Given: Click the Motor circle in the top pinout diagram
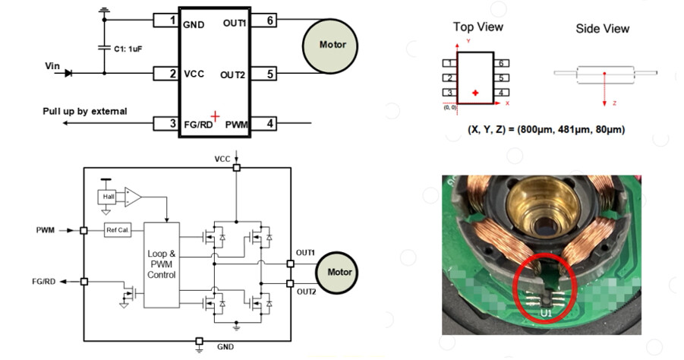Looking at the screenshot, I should point(333,45).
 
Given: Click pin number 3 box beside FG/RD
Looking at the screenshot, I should point(173,123).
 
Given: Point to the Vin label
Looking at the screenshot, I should point(52,66).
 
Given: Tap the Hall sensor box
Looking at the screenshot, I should point(108,197).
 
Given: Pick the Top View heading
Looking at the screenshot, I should point(478,27).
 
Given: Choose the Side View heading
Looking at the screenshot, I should point(602,29).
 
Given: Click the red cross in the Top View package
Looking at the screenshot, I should point(475,93).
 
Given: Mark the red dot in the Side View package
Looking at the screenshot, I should point(604,74).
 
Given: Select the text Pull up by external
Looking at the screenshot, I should point(84,112).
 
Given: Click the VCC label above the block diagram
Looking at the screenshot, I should point(222,159).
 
